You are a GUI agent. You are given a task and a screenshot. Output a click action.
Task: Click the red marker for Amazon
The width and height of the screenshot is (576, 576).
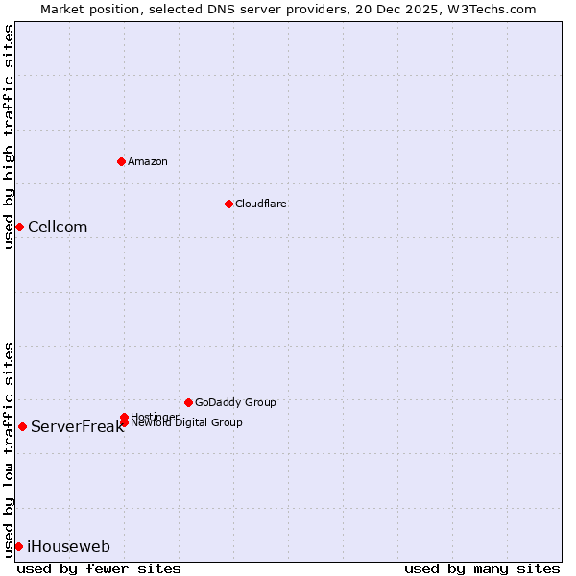click(121, 161)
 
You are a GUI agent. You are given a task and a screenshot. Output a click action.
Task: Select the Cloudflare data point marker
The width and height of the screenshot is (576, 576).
click(228, 204)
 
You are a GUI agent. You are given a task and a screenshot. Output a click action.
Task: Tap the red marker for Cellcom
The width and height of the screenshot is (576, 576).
click(19, 227)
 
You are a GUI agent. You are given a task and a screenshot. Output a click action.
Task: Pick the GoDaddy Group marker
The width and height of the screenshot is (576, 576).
click(188, 402)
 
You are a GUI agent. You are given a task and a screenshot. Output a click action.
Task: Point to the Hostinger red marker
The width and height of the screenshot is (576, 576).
click(124, 417)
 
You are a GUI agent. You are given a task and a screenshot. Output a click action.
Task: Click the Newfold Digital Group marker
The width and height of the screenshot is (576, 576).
click(124, 422)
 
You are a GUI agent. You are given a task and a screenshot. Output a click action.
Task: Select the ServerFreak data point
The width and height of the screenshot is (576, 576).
click(22, 426)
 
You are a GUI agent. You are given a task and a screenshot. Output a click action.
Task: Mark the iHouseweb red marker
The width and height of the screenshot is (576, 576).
click(18, 546)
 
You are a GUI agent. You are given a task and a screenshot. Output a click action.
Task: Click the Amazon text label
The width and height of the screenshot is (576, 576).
click(147, 161)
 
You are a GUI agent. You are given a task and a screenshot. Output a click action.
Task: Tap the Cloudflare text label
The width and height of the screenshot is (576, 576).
click(260, 204)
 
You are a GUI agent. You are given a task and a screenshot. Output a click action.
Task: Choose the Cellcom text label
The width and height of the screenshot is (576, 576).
click(58, 228)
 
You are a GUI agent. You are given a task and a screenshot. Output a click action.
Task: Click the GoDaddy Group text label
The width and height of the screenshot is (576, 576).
click(235, 402)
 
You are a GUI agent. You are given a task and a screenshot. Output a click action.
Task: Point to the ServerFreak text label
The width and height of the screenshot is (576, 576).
click(77, 427)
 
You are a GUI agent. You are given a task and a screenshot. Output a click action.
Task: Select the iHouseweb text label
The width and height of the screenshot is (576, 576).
click(68, 547)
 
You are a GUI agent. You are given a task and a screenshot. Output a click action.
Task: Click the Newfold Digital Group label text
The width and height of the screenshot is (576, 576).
click(186, 423)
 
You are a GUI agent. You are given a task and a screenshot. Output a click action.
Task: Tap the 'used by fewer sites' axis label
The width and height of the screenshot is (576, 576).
click(99, 568)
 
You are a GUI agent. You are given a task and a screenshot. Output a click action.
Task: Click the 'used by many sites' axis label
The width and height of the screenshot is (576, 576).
click(482, 568)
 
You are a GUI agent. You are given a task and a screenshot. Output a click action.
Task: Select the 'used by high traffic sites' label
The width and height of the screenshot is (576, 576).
click(9, 136)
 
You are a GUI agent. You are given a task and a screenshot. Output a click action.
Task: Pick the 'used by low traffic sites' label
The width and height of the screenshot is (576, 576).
click(9, 448)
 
